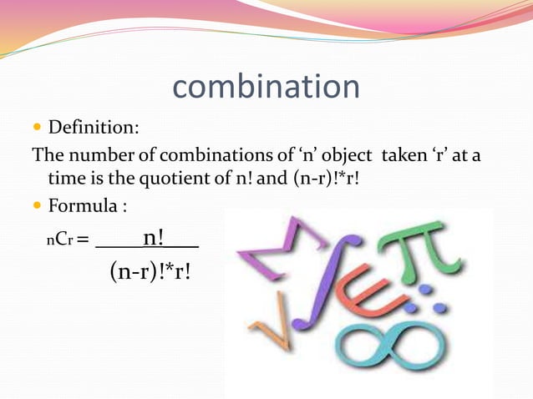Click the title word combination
[x=266, y=87]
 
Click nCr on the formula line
[x=58, y=241]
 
